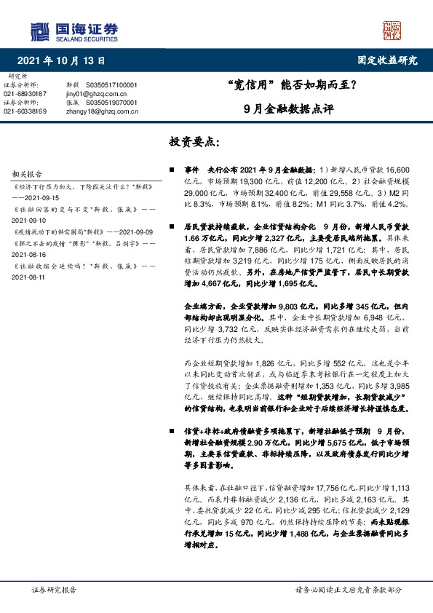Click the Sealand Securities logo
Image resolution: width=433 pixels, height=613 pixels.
pyautogui.click(x=74, y=31)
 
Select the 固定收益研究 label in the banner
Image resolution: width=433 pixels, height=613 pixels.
pyautogui.click(x=388, y=61)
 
